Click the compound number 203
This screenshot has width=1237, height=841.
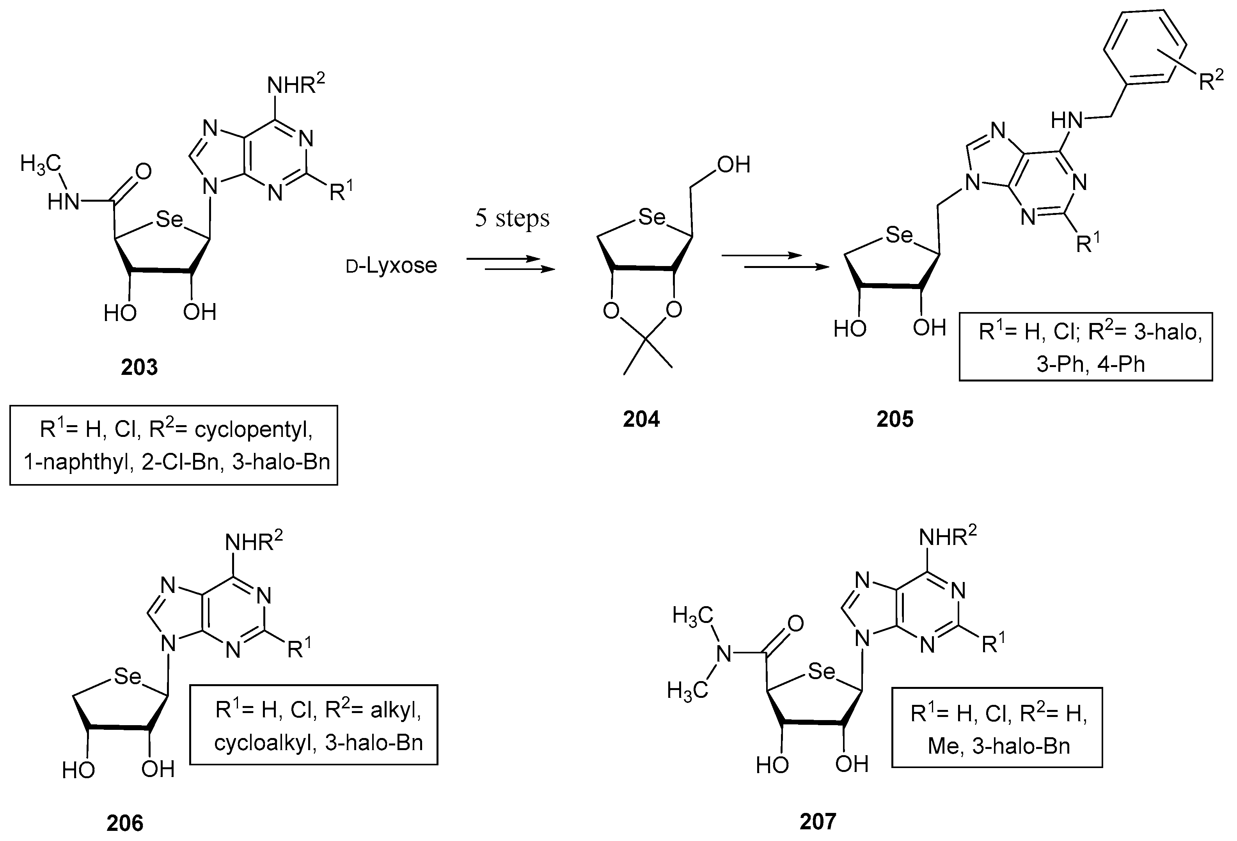click(139, 367)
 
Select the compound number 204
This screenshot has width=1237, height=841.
click(641, 419)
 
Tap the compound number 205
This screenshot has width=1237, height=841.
click(895, 419)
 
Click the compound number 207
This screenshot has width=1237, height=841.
click(818, 821)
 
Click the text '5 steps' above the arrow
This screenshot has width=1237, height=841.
click(512, 218)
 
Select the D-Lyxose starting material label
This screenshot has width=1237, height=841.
click(392, 266)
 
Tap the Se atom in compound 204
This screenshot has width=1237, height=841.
click(651, 216)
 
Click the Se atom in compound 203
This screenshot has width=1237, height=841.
click(169, 219)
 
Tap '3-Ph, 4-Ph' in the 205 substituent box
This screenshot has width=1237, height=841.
click(1090, 364)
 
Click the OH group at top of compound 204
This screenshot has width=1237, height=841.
click(733, 165)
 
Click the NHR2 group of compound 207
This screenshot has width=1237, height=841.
click(948, 537)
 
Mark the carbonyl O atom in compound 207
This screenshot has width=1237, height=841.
click(795, 623)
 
